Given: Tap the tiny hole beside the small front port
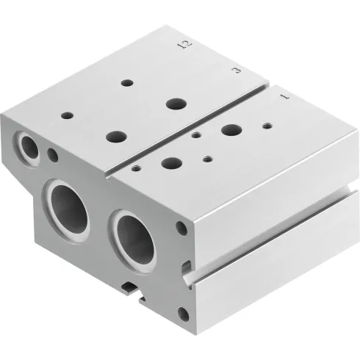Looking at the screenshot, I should coord(52,155).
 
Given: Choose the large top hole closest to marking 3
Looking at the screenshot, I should coord(176,103).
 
